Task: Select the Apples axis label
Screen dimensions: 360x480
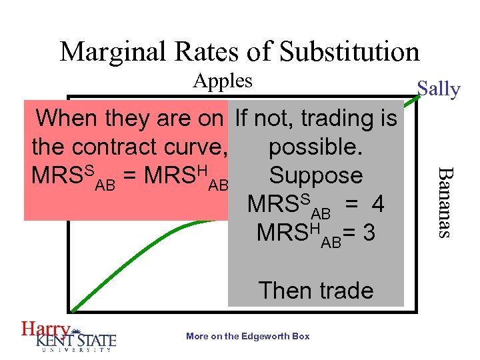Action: point(223,81)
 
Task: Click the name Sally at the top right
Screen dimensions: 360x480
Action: point(438,89)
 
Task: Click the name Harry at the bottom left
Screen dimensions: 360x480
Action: point(45,329)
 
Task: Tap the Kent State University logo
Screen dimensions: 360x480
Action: point(77,339)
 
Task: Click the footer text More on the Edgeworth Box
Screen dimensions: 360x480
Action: point(248,336)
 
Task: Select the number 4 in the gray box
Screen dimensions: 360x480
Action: point(378,204)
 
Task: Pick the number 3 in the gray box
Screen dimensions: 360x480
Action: point(369,233)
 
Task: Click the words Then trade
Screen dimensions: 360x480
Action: point(316,291)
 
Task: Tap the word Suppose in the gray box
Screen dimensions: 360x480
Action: point(316,176)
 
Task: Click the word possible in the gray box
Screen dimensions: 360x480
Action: point(316,147)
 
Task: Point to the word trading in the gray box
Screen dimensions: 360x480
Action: point(336,119)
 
